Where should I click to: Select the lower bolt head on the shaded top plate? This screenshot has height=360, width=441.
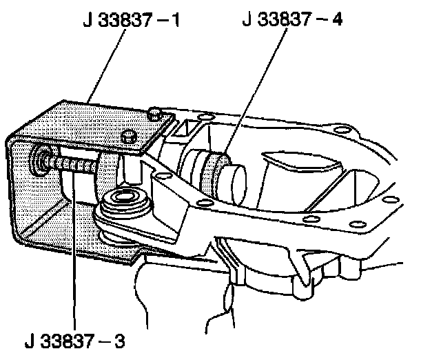(x=128, y=136)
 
